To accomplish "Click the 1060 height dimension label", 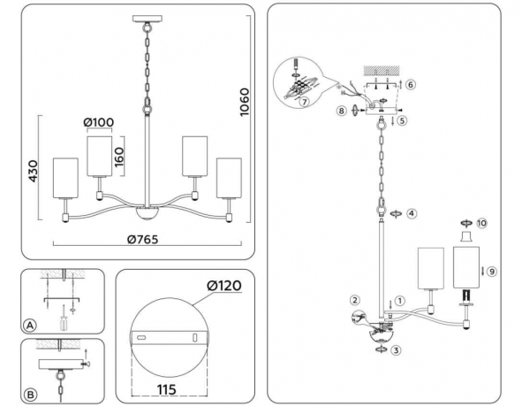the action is point(245,102).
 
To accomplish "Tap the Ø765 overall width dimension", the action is point(143,239).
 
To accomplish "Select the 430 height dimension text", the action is point(34,171).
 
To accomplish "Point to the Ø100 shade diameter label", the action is point(99,122).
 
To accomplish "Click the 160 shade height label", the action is point(119,157).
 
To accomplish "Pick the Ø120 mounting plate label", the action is point(224,286).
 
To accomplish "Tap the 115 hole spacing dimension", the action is point(166,389).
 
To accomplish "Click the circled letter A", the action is point(30,326).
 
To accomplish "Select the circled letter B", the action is point(30,395).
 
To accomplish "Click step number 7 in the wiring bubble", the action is point(304,102).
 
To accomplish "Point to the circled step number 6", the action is point(411,85).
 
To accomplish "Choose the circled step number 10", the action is point(481,223).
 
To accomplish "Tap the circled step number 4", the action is point(412,213).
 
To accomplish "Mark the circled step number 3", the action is point(396,350).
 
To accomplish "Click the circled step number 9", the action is point(491,272).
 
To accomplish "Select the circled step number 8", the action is point(341,111).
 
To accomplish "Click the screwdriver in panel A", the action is point(64,318).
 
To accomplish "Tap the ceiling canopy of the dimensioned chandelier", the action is point(148,19).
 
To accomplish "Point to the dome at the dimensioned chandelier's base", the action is point(148,213).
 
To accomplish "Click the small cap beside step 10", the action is point(466,236).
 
